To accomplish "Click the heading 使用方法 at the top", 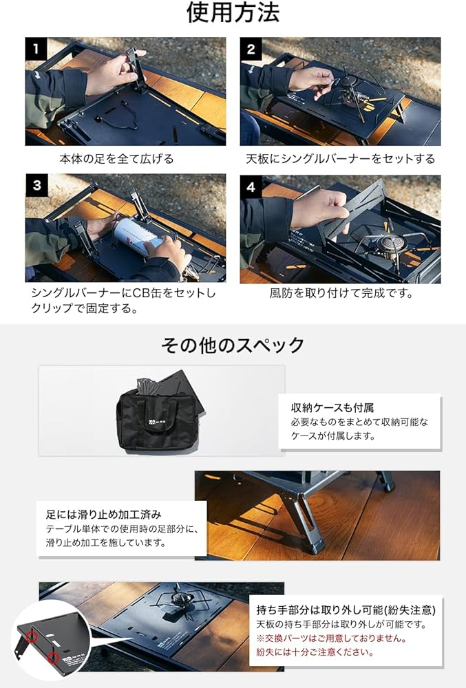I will click(x=233, y=12).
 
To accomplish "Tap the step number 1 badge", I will click(x=36, y=49).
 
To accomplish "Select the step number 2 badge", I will click(x=251, y=49).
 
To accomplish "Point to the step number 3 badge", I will click(x=36, y=185).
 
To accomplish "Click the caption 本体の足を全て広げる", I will click(x=116, y=159).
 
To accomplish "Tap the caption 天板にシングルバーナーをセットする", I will click(x=340, y=159).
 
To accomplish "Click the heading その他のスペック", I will click(x=233, y=345).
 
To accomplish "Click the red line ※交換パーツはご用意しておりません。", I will click(x=330, y=638).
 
